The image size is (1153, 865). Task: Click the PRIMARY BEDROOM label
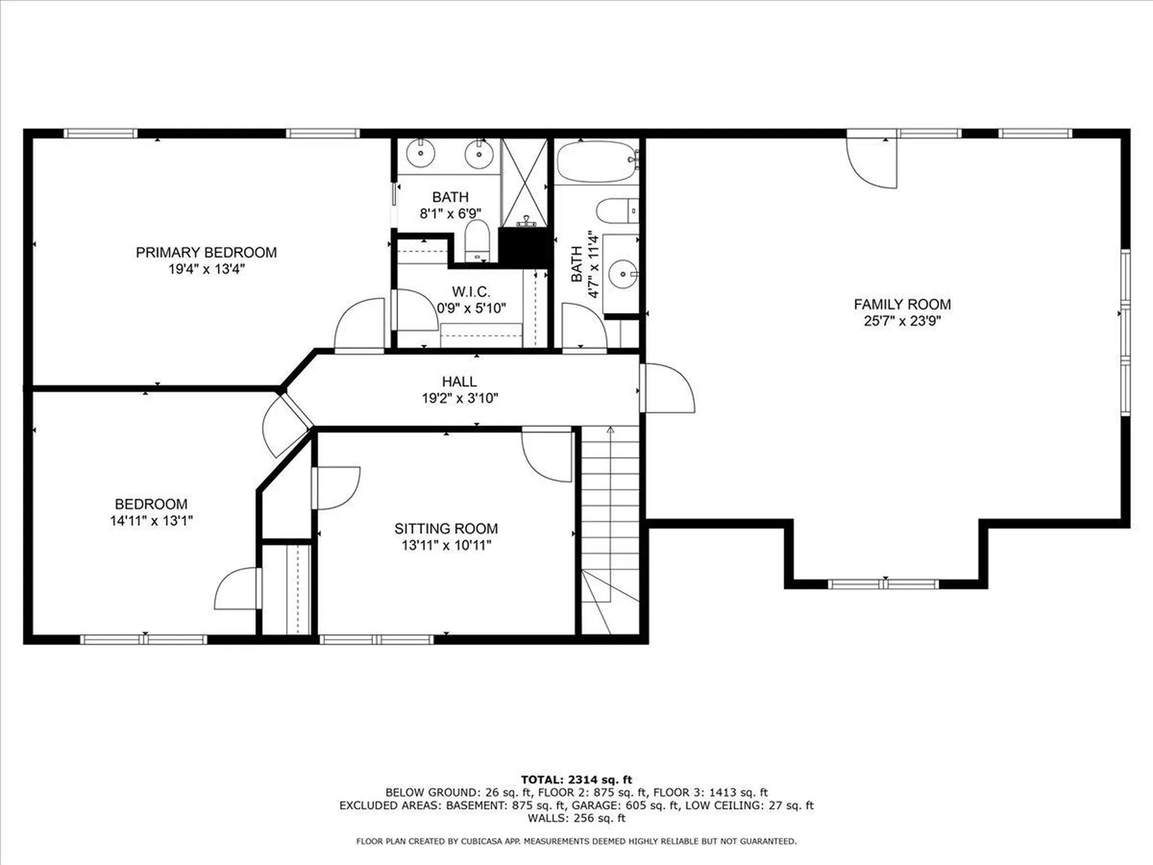[206, 252]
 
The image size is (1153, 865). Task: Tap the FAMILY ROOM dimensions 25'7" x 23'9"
[902, 321]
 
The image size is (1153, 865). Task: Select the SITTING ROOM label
[446, 529]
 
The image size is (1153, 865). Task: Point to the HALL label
[459, 381]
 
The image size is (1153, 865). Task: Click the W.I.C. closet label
[471, 292]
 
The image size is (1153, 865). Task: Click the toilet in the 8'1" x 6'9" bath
[478, 241]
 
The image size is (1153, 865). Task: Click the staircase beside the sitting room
[610, 529]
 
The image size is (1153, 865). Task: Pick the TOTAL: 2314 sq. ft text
[576, 780]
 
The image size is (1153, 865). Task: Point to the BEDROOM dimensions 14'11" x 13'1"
[151, 521]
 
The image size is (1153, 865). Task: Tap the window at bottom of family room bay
[883, 584]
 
